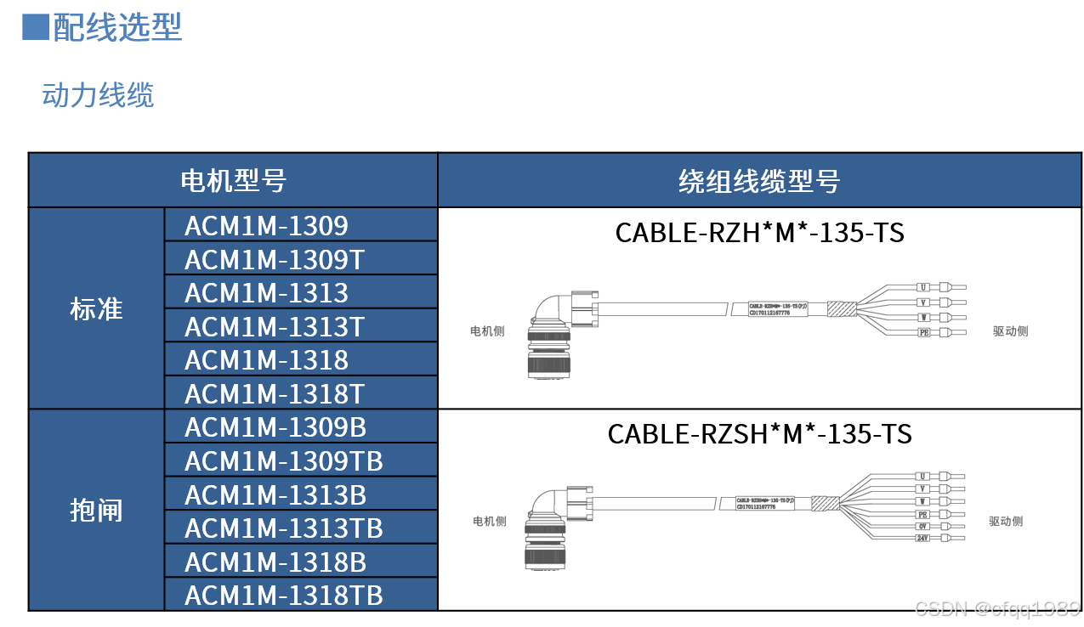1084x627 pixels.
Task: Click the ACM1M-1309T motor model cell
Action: point(275,259)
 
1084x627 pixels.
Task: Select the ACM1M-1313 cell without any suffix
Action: point(266,293)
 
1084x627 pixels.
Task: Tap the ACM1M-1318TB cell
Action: point(283,595)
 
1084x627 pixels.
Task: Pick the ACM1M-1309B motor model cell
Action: point(275,426)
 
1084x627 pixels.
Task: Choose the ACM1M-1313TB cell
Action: point(283,528)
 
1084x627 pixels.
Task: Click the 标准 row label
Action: point(96,309)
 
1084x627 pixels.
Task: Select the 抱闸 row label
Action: point(96,511)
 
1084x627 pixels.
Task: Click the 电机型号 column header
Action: point(233,181)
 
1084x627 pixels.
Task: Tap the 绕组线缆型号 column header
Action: point(758,181)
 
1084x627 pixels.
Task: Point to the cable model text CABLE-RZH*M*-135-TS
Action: point(759,232)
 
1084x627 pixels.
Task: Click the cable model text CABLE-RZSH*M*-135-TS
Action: point(759,434)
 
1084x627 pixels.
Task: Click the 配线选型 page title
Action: point(117,27)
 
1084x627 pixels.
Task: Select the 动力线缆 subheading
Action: point(98,95)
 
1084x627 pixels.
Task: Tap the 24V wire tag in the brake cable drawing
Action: point(922,538)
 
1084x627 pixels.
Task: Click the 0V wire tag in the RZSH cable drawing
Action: point(922,526)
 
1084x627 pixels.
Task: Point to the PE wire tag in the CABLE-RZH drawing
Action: point(924,332)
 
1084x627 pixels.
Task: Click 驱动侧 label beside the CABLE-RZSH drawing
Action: point(1006,522)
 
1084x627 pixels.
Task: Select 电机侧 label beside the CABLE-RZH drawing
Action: point(487,330)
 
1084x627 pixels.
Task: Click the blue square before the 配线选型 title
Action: point(35,27)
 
